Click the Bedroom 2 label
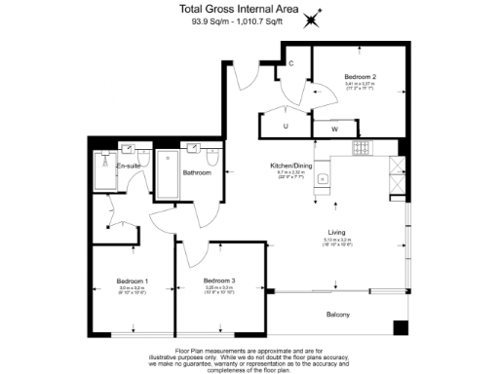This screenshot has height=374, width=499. point(361,76)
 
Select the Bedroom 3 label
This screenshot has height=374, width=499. point(219,280)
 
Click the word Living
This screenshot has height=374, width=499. point(335,231)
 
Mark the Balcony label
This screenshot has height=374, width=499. point(337,315)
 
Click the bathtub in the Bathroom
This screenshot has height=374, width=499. point(169,174)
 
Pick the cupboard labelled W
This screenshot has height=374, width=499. point(334,128)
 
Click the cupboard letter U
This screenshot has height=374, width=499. point(286,127)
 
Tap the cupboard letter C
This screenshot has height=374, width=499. point(290,64)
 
